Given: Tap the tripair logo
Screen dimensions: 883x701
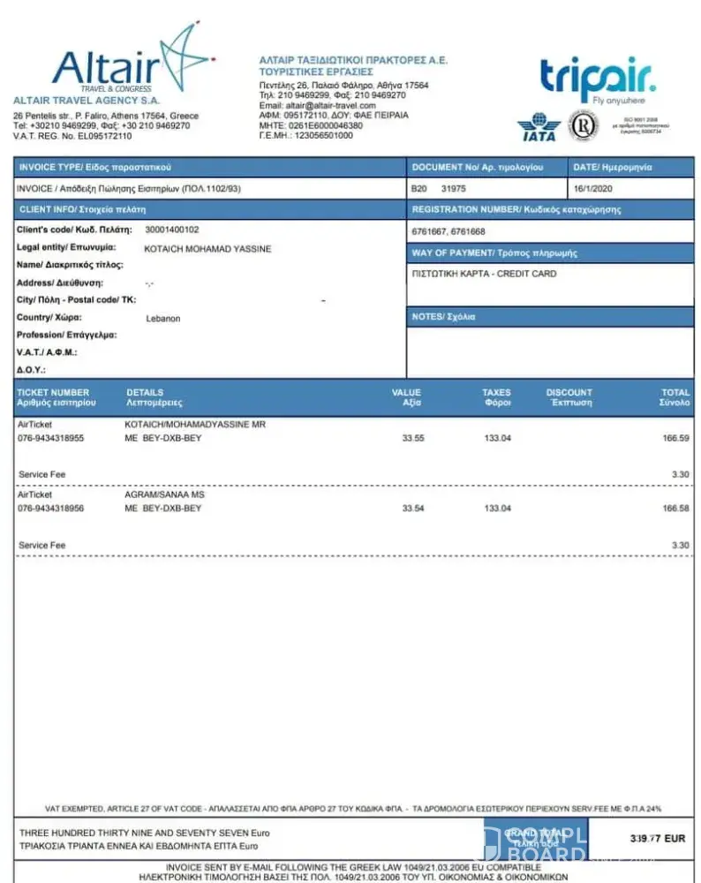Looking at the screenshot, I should tap(598, 79).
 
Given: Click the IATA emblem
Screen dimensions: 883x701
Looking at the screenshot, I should tap(538, 127).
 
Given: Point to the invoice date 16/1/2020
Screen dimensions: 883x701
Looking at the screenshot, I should tap(593, 189).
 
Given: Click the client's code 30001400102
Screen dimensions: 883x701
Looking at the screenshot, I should tap(171, 230).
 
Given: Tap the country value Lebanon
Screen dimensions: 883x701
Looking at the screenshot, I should tap(162, 318).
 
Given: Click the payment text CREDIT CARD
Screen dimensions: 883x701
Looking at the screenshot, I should tap(526, 274).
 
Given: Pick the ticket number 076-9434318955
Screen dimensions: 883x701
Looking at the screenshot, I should tap(51, 438).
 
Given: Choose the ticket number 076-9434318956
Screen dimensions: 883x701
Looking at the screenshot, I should tap(51, 509).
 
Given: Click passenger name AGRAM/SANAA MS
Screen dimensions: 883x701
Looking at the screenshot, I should tap(164, 495).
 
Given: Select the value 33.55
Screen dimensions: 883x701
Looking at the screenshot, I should tap(412, 438).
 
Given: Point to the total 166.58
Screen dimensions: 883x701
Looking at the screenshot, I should tap(675, 509).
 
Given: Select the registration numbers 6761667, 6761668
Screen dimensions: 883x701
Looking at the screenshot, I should tap(448, 231).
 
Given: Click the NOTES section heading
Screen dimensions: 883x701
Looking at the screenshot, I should tap(443, 316).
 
